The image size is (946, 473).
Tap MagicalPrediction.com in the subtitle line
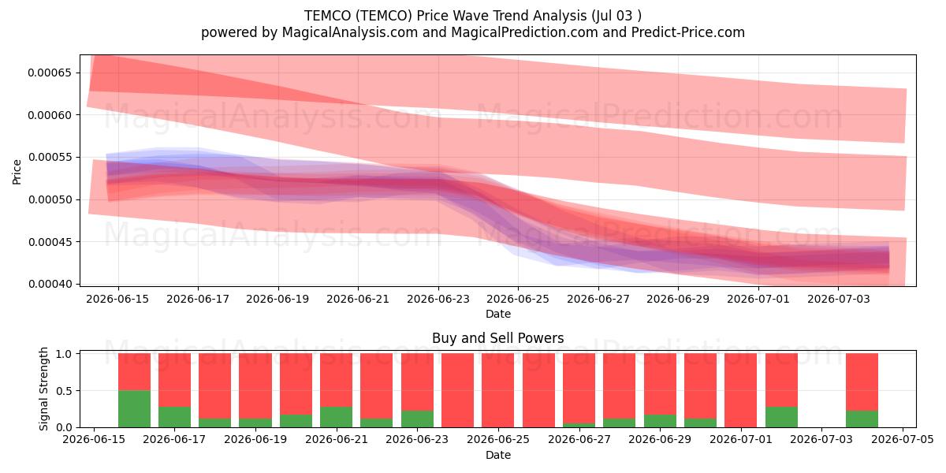point(524,32)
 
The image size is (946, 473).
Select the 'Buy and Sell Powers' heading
point(498,338)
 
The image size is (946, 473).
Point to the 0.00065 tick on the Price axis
point(50,73)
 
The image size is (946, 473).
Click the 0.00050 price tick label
point(50,199)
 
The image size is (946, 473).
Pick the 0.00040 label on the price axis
point(50,285)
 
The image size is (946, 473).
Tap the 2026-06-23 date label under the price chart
point(438,299)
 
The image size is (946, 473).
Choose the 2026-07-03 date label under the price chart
point(838,299)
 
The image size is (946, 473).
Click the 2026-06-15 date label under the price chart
point(117,299)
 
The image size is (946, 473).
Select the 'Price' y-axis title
point(17,172)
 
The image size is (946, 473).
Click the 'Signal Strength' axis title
point(43,389)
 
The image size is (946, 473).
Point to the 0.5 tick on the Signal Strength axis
point(64,391)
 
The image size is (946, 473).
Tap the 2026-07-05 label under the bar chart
point(903,440)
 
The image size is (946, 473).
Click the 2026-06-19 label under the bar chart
point(255,440)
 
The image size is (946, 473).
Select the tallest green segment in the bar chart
point(134,409)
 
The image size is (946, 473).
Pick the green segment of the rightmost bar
point(862,419)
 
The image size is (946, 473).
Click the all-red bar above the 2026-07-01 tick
point(741,390)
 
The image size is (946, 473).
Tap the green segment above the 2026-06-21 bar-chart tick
point(336,417)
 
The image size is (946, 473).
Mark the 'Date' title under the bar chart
point(498,455)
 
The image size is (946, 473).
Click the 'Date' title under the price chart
point(498,314)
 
